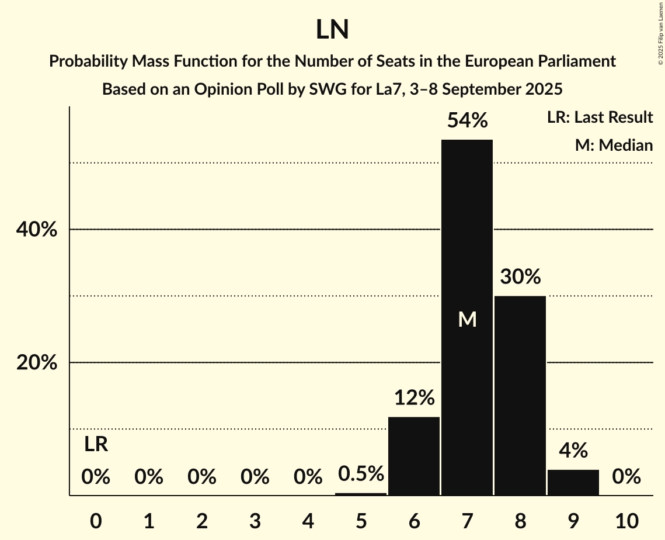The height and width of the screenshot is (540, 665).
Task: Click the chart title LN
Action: (332, 30)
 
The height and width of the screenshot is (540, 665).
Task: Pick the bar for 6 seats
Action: (414, 456)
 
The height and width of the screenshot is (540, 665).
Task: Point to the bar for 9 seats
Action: (573, 482)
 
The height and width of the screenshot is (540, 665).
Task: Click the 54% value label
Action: (466, 120)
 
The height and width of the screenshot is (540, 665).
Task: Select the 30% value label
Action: (520, 276)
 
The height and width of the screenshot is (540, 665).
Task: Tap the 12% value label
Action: (414, 398)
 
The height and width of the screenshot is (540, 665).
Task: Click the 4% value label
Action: (573, 450)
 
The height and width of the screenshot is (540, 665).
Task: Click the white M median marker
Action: (467, 319)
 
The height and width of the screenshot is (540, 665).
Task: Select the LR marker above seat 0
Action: (96, 444)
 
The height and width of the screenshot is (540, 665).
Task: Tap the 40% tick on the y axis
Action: (36, 230)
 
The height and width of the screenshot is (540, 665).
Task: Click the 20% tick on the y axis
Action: (36, 363)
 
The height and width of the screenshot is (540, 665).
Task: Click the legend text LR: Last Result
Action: (600, 117)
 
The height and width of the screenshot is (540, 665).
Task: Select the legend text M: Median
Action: (614, 145)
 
